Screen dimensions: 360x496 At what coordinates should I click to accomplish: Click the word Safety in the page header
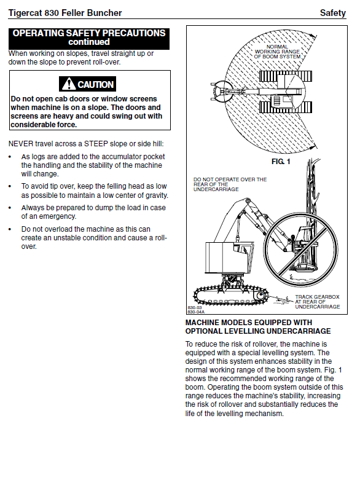coord(333,13)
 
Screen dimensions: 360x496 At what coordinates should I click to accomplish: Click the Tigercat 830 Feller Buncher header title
coord(65,13)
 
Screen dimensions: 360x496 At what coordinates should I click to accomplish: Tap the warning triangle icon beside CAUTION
coord(69,84)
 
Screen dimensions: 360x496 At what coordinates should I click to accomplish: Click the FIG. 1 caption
coord(281,162)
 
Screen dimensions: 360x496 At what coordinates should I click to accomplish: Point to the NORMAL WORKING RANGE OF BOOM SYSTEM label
coord(277,52)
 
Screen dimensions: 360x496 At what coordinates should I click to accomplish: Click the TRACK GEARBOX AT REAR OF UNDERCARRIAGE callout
coord(318,302)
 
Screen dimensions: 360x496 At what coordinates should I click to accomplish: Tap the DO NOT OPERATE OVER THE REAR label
coord(230,184)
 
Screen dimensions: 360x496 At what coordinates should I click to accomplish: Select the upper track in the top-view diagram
coord(285,76)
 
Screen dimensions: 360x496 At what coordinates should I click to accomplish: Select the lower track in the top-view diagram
coord(285,107)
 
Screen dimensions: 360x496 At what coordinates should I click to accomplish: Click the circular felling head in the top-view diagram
coord(221,91)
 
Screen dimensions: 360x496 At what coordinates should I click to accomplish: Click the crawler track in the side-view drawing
coord(231,295)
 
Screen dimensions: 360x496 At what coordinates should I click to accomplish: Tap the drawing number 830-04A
coord(196,312)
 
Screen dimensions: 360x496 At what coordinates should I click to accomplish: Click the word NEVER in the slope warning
coord(21,144)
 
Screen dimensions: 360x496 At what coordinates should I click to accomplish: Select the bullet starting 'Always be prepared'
coord(93,212)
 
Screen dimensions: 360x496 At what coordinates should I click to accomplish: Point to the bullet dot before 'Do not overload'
coord(10,229)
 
